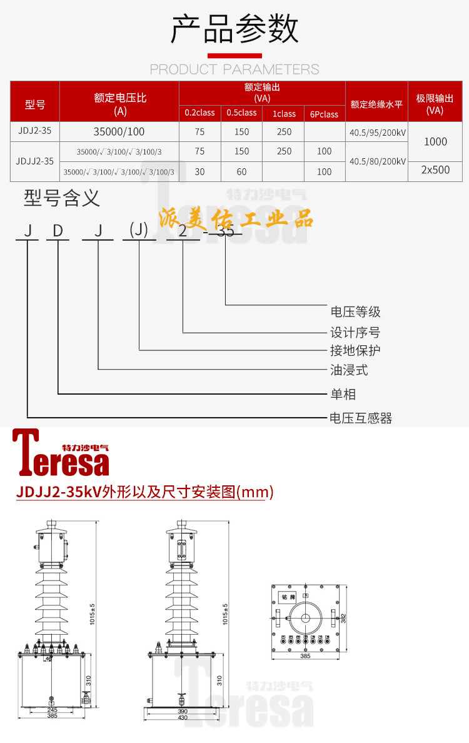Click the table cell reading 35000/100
119,132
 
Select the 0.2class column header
199,113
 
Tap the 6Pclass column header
324,114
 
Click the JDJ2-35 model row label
34,131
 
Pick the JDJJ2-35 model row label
34,161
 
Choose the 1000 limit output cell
435,141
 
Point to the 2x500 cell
435,170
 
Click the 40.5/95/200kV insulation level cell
376,132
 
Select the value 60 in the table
241,171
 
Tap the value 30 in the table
199,171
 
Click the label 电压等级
355,311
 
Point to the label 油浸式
349,370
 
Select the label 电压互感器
361,418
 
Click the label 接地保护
355,350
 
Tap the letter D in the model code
58,231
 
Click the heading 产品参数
234,29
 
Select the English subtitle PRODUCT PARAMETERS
234,69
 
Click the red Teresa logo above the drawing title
61,453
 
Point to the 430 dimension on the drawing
183,717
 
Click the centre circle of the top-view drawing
306,619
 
